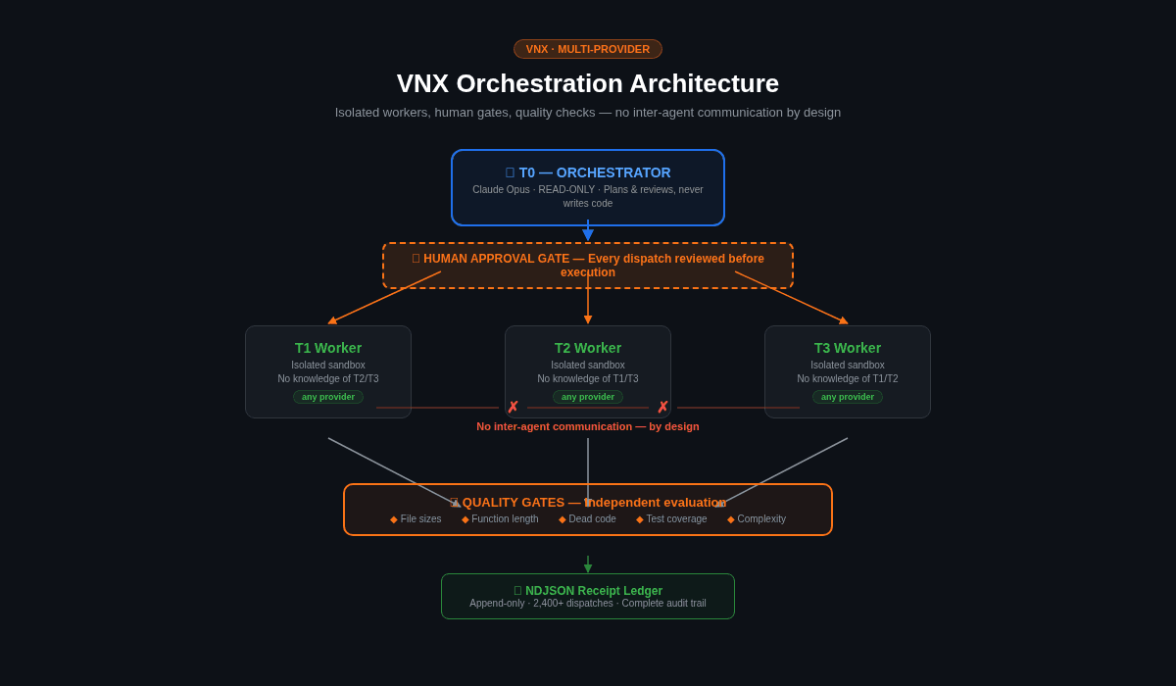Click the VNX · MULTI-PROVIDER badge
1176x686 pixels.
pos(588,49)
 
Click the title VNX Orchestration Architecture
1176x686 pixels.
pos(588,83)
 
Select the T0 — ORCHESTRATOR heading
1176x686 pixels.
pos(588,172)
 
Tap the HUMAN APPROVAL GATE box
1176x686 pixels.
pos(588,266)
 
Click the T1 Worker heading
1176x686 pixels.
pos(328,348)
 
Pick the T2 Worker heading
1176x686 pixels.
pos(588,348)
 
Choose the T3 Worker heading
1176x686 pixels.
pos(848,348)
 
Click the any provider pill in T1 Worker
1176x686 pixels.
pos(328,397)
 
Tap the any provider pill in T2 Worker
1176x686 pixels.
pos(588,397)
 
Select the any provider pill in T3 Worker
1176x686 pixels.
pos(848,397)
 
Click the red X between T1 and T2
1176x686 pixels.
pos(513,408)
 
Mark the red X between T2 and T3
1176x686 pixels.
pos(662,408)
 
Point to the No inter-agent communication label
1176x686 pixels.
pos(588,426)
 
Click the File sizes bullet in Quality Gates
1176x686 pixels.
pos(416,519)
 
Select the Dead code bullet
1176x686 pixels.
pos(587,519)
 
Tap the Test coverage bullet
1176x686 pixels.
pos(671,519)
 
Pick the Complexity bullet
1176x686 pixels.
pos(757,519)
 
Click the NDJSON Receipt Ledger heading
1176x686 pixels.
pos(588,591)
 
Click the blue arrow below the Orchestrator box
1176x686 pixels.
pos(588,231)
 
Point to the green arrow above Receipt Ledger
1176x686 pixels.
pos(588,564)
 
